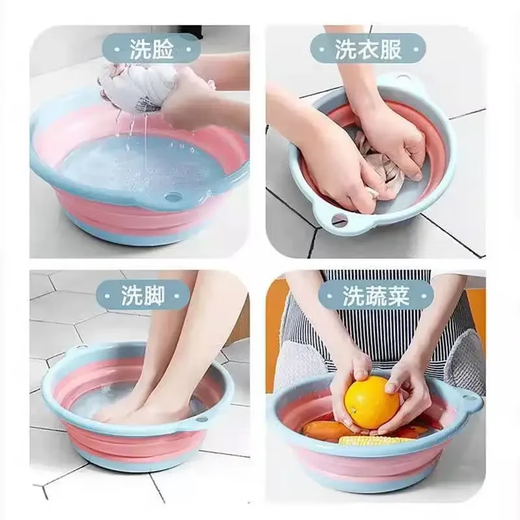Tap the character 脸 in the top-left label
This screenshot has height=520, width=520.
pyautogui.click(x=163, y=47)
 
